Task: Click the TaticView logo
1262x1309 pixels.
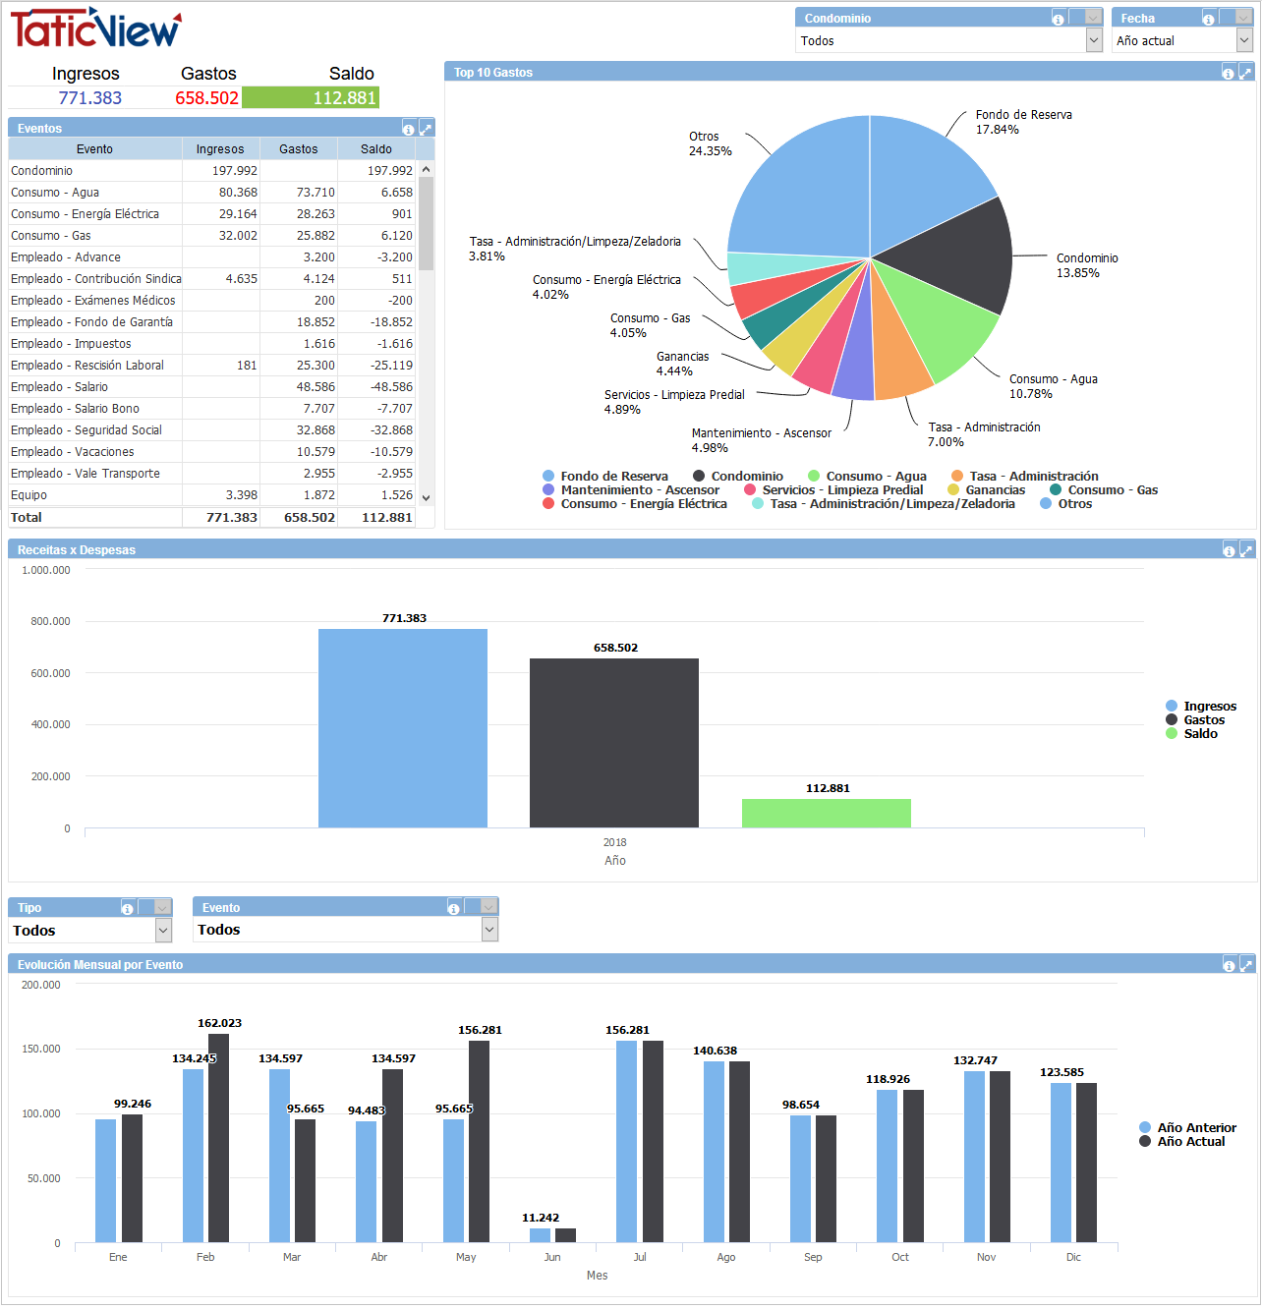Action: (95, 28)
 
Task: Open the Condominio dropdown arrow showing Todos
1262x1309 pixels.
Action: (1094, 40)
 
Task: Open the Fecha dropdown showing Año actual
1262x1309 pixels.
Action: (1244, 40)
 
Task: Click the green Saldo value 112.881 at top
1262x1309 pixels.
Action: (311, 98)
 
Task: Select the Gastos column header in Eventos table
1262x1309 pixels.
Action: (298, 149)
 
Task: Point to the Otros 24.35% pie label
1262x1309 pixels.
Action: (710, 144)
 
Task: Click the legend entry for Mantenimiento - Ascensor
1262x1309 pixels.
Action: (639, 490)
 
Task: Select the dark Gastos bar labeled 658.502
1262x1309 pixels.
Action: (614, 742)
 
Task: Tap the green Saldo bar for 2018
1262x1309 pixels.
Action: (826, 813)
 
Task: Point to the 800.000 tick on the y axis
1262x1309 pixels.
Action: (50, 621)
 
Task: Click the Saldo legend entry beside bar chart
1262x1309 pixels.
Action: (1200, 734)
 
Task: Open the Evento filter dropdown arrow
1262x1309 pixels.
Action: (489, 930)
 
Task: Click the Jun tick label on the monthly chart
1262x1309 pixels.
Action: (552, 1257)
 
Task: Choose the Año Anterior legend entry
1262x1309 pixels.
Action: (1195, 1128)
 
